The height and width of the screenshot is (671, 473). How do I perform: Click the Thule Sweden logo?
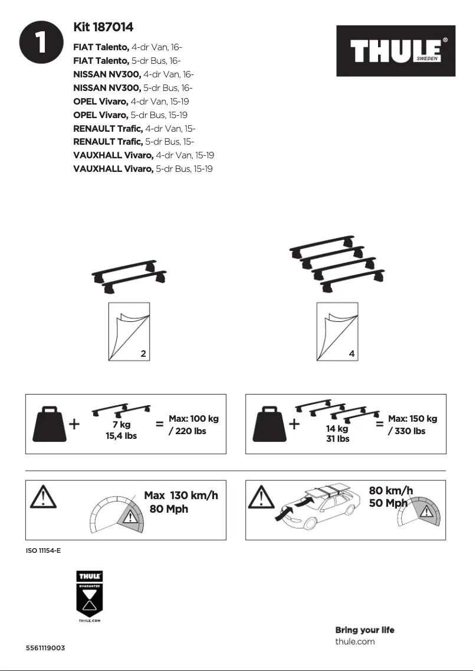pos(396,51)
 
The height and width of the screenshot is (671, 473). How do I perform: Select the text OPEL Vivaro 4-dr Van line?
pos(130,101)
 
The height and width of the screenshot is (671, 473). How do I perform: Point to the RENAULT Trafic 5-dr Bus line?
pos(134,142)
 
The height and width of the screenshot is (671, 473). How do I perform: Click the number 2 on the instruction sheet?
pos(143,354)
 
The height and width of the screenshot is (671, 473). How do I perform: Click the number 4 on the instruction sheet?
pos(352,354)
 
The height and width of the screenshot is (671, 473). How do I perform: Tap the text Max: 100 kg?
pos(193,419)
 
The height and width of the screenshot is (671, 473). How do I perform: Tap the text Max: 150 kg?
pos(412,419)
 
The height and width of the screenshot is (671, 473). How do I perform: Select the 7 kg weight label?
pos(121,424)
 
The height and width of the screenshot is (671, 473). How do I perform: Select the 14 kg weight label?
pos(337,429)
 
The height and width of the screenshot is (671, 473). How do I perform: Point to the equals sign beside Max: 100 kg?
pos(159,424)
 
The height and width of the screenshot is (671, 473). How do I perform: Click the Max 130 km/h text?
pos(181,495)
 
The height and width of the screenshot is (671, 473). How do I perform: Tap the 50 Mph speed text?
pos(388,503)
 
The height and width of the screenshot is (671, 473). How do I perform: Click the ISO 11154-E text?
pos(44,551)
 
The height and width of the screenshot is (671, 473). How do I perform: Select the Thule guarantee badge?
pos(90,597)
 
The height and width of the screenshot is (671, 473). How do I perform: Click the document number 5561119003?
pos(45,648)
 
